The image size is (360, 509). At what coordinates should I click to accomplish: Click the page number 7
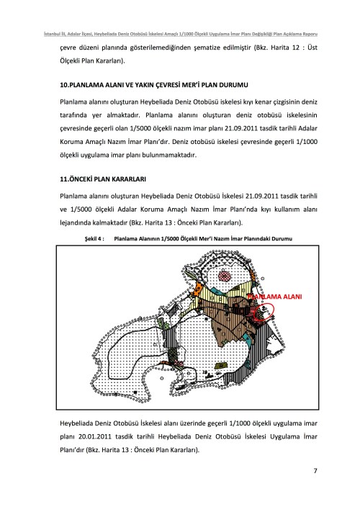[x=315, y=470]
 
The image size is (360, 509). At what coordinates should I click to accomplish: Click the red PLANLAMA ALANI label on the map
[x=274, y=297]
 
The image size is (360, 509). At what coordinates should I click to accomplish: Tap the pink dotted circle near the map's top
[x=225, y=276]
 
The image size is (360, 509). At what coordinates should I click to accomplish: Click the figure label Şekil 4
[x=94, y=239]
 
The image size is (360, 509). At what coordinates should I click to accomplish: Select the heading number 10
[x=63, y=85]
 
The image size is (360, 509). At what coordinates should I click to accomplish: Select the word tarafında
[x=73, y=115]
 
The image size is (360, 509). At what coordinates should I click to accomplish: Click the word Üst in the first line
[x=312, y=48]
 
